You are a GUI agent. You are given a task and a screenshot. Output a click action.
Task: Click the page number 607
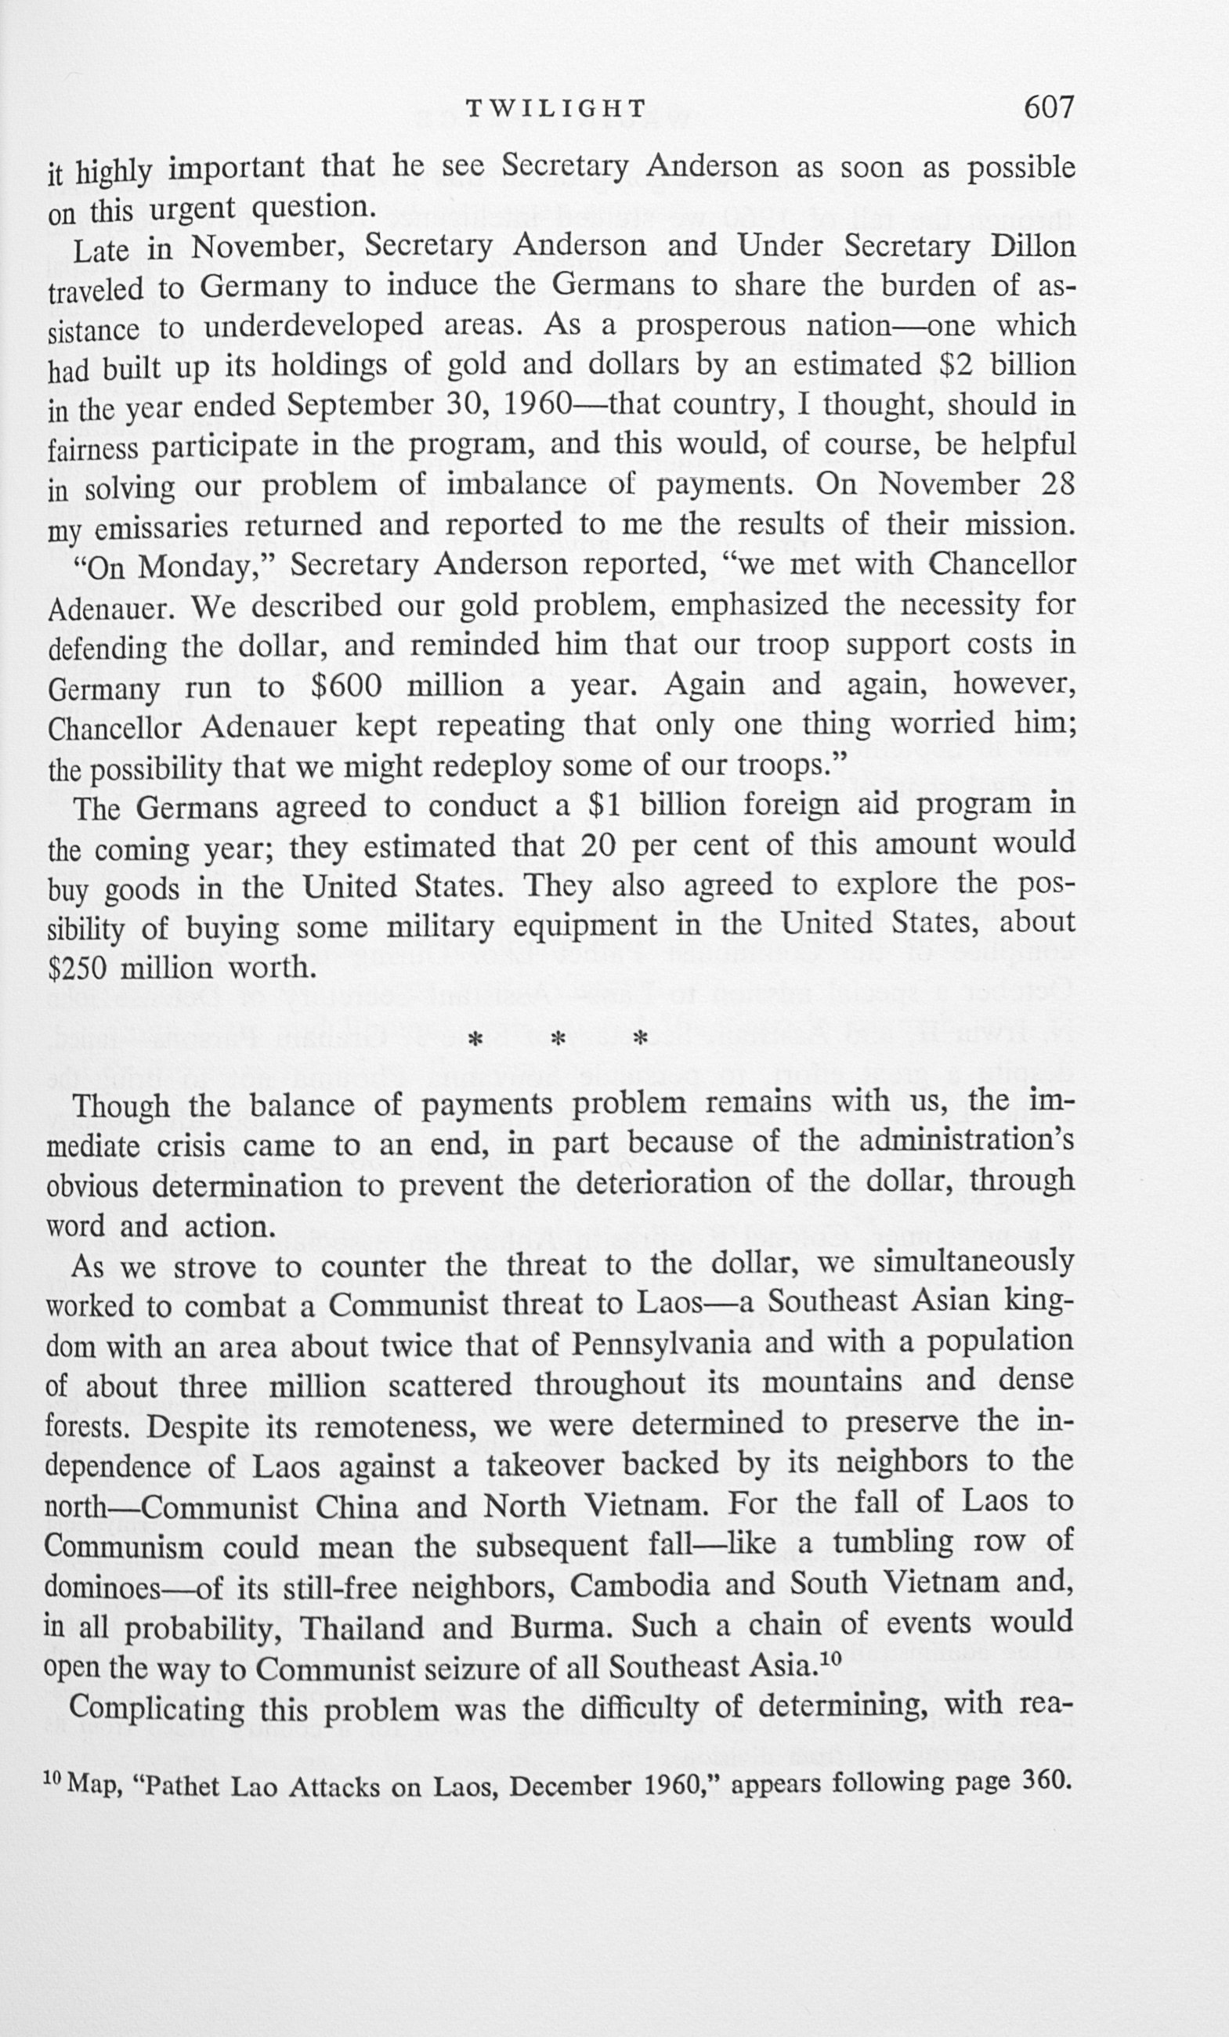[1048, 107]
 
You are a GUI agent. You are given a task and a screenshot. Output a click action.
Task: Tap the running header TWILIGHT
[556, 108]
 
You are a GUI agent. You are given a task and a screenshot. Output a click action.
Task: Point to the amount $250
[78, 968]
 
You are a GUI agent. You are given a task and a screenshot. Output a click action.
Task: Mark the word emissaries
[154, 527]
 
